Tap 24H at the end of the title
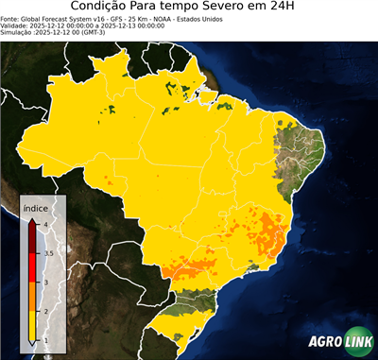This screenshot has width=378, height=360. (292, 8)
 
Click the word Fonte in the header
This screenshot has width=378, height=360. (11, 18)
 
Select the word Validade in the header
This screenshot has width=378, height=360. (17, 26)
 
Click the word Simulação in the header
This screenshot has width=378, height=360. (19, 33)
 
